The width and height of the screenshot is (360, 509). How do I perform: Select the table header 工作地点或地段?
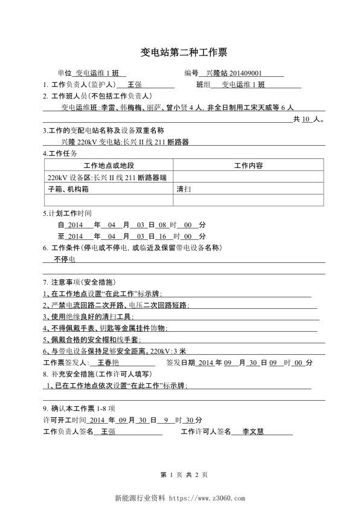pyautogui.click(x=109, y=166)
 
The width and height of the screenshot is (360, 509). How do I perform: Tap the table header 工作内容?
pyautogui.click(x=248, y=166)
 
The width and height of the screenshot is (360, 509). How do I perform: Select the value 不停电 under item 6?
pyautogui.click(x=64, y=259)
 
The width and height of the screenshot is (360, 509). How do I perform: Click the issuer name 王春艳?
pyautogui.click(x=108, y=363)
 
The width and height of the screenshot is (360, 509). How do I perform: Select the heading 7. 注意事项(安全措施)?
pyautogui.click(x=80, y=282)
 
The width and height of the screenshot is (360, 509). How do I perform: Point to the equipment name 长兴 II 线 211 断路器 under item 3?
pyautogui.click(x=156, y=142)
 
